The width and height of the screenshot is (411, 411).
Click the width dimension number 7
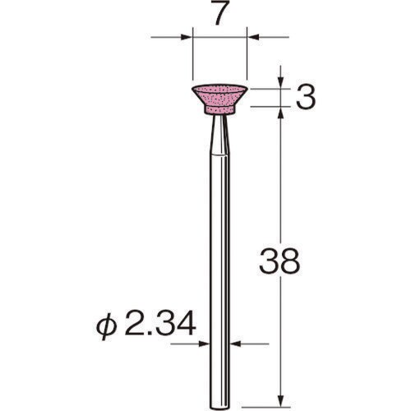click(x=219, y=16)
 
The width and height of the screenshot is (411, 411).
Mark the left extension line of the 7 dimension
click(x=191, y=58)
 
